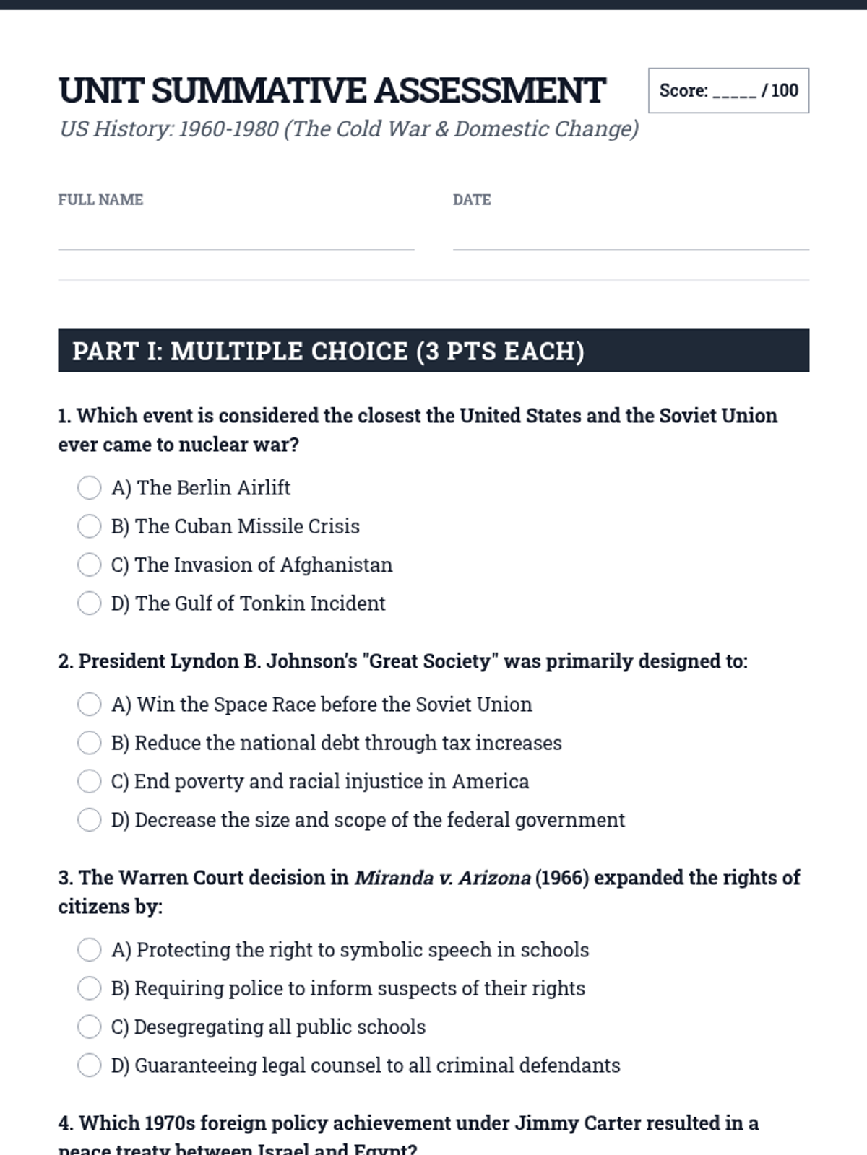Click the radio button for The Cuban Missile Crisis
point(89,526)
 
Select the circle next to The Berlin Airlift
point(89,488)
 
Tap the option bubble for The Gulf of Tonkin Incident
point(89,603)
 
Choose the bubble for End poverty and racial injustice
point(89,781)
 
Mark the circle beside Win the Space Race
point(89,704)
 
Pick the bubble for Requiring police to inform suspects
point(89,988)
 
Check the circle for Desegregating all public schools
point(89,1027)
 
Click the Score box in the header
point(728,91)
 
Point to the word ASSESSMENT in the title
point(489,91)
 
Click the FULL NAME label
point(100,200)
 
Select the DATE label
point(472,200)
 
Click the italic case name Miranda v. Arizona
point(442,878)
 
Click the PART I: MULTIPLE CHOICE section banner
point(433,351)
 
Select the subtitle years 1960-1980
point(228,129)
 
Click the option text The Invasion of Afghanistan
point(263,565)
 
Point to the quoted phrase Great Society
point(429,661)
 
